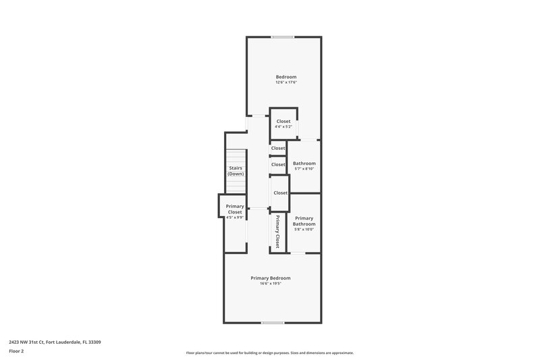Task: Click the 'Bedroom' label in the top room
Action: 286,77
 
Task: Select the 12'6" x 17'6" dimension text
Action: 286,83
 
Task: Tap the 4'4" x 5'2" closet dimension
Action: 283,127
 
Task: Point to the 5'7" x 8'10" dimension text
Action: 304,170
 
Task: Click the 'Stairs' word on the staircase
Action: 236,168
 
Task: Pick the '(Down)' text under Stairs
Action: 236,174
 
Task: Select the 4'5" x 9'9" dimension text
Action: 235,217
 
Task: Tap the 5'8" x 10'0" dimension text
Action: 304,230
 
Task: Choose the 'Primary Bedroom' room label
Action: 270,278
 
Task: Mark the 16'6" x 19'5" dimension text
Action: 270,284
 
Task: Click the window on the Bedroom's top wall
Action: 283,37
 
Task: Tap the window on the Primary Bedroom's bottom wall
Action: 272,323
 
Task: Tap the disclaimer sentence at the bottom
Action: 270,353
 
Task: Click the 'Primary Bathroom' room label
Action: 304,221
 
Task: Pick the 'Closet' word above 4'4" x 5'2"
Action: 283,121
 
